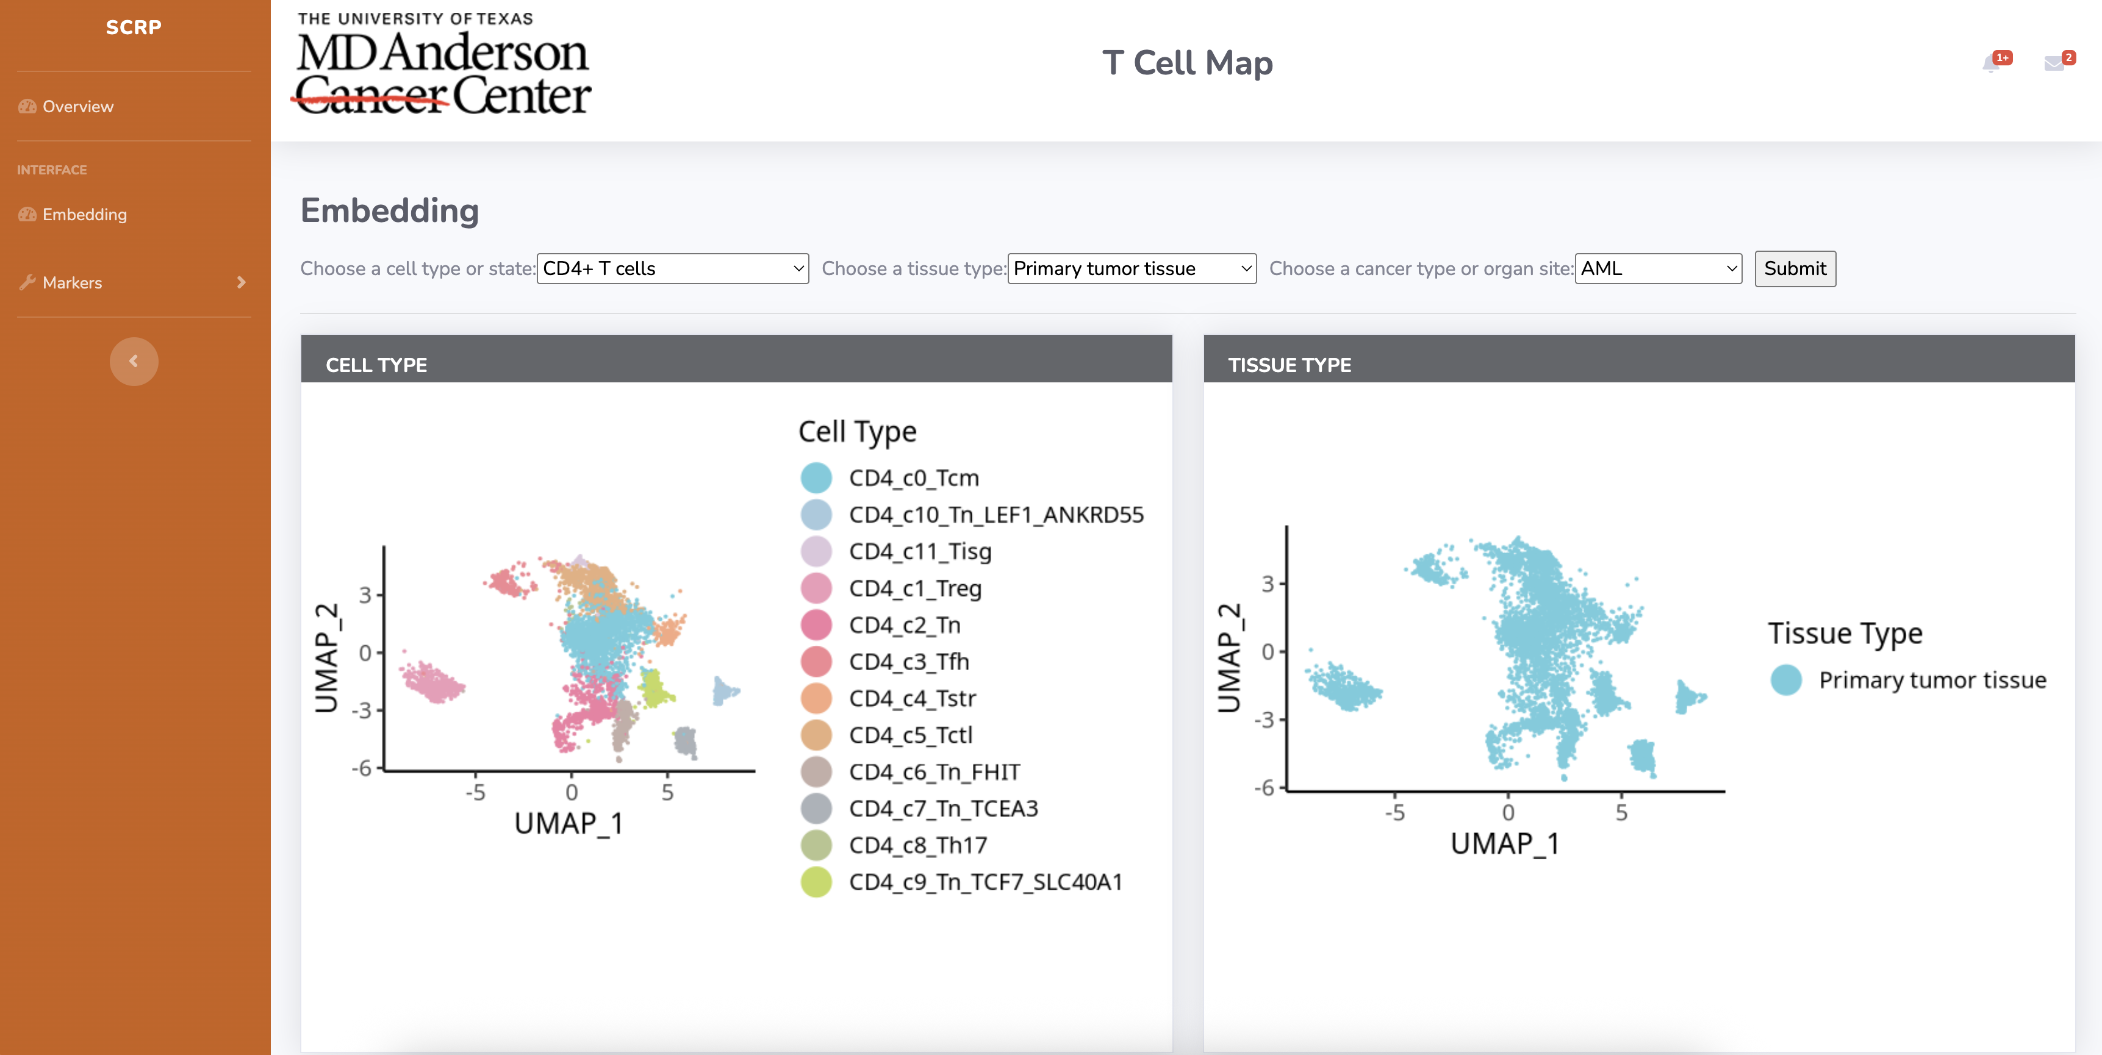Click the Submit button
pos(1795,268)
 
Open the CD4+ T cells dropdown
pos(672,268)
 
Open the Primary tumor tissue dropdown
pos(1131,268)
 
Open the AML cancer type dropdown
pos(1657,268)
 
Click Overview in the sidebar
pos(77,106)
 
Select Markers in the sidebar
pos(72,282)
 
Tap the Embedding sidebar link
pos(84,214)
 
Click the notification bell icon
pos(1991,63)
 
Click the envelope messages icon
pos(2053,63)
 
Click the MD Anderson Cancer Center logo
pos(442,65)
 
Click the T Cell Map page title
pos(1186,63)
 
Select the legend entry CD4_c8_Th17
pos(917,845)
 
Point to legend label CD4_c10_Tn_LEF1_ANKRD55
pos(995,514)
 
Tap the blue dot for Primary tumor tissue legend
pos(1785,680)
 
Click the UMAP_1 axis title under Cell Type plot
pos(569,823)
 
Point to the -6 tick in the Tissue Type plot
pos(1264,787)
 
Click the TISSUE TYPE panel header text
pos(1290,365)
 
